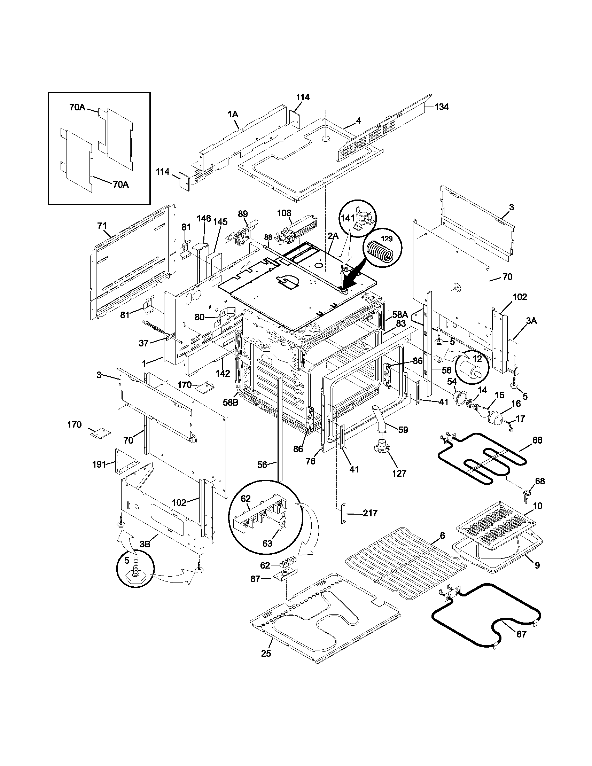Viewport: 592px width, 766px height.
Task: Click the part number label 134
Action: click(441, 107)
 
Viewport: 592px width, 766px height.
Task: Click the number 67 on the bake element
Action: click(522, 634)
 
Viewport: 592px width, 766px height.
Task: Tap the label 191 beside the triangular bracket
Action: click(99, 464)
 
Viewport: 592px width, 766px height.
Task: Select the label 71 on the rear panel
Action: click(102, 226)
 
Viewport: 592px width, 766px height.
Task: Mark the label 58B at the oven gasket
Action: click(231, 402)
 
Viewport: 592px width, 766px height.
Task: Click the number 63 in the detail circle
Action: click(267, 544)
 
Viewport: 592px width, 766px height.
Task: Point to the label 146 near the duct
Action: click(203, 219)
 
